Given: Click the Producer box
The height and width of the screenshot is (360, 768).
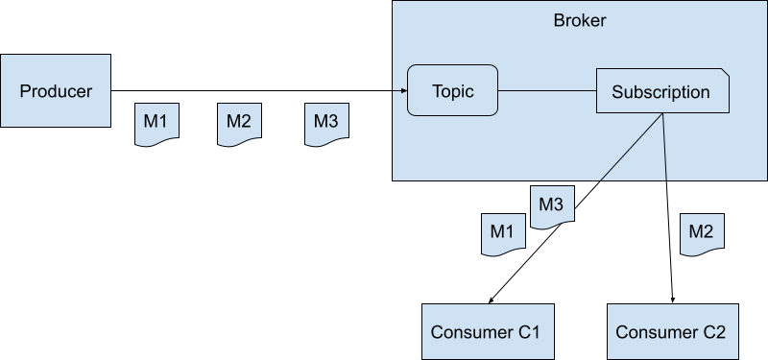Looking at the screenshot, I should [x=56, y=91].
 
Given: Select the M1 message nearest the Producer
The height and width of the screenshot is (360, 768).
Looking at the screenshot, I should [x=156, y=123].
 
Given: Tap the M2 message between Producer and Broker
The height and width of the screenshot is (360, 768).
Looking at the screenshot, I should [x=238, y=123].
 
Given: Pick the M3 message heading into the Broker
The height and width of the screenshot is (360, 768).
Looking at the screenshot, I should [x=325, y=123].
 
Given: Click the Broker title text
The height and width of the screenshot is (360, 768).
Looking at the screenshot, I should [x=579, y=21].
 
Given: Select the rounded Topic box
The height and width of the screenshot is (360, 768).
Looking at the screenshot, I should [x=452, y=92].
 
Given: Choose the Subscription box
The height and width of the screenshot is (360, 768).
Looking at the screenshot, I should [x=661, y=92].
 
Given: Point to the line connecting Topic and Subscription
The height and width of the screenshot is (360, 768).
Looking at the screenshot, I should [x=547, y=92].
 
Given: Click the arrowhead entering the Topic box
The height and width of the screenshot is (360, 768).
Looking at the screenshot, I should [x=401, y=92].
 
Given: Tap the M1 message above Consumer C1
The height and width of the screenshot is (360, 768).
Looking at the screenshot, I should [x=502, y=232].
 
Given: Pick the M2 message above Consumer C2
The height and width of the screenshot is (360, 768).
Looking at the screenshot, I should [x=701, y=232].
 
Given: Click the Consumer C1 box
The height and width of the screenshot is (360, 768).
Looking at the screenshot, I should [x=486, y=332].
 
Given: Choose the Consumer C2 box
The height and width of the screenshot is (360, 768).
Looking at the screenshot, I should [x=670, y=332].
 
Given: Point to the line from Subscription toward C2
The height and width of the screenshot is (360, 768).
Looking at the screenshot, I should [x=664, y=149].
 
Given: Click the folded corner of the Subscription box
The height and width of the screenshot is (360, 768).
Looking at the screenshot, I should [x=724, y=73].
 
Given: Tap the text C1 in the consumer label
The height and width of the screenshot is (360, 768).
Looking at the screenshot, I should [x=528, y=332].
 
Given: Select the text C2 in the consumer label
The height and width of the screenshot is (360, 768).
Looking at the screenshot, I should [x=712, y=332].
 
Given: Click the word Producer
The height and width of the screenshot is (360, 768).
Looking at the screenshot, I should [x=56, y=91].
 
